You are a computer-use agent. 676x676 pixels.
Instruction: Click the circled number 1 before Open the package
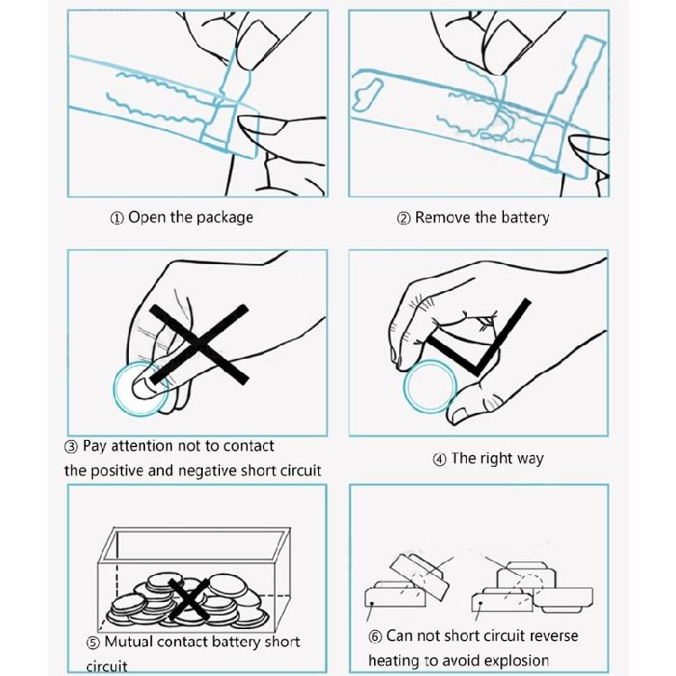pos(117,218)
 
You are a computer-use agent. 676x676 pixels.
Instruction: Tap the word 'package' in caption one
pos(224,218)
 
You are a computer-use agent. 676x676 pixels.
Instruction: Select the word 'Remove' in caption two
pos(443,218)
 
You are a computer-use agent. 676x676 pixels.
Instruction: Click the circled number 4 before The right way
pos(440,460)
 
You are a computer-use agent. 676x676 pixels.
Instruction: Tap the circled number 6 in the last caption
pos(376,637)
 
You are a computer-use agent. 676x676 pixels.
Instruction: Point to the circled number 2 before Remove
pos(404,218)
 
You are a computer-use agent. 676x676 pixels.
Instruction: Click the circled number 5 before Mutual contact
pos(93,644)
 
